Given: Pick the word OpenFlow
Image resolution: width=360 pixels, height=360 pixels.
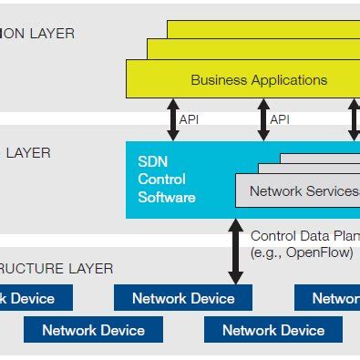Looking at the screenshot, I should (318, 252).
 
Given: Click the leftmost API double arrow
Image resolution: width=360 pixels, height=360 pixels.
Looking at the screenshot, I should (171, 119).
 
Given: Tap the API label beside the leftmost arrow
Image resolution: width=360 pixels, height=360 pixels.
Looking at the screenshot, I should (190, 119).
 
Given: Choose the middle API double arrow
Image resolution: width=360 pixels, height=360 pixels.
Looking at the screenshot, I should (263, 119).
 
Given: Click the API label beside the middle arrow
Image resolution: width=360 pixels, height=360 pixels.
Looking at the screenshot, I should (281, 119).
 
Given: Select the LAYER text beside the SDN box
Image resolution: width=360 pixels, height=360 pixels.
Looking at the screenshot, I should (26, 153).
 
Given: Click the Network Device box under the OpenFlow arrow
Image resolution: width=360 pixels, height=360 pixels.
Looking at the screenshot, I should (183, 298).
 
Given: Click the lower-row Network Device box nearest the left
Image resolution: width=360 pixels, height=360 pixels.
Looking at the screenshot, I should (93, 330).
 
